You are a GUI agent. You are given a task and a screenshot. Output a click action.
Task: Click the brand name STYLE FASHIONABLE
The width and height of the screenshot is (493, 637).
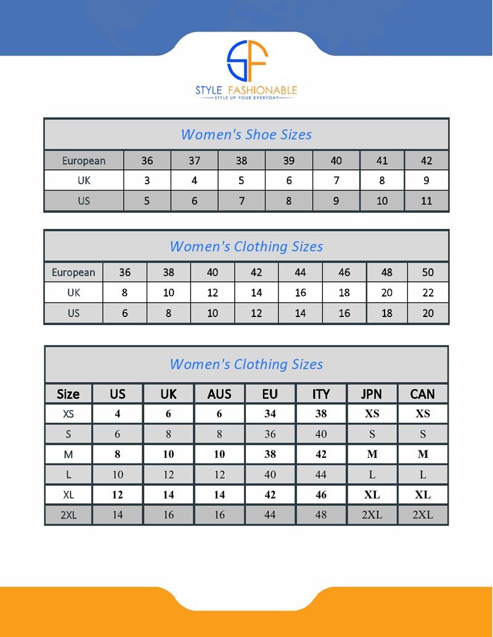coord(246,90)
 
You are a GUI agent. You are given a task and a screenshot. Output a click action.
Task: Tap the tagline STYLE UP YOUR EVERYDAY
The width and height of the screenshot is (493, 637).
coord(246,98)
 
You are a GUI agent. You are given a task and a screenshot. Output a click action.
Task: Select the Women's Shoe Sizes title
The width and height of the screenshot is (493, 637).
coord(246,134)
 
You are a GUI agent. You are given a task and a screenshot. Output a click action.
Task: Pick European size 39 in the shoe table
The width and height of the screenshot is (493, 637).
coord(288,161)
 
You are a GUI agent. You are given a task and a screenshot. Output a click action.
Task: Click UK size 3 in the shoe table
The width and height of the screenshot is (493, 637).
coord(147,181)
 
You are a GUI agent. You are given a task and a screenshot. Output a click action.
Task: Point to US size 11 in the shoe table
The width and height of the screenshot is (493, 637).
coord(426,201)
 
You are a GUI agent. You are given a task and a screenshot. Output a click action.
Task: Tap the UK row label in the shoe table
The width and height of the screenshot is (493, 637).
coord(84,181)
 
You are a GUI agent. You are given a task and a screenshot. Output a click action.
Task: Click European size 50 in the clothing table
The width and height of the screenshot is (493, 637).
coord(428,272)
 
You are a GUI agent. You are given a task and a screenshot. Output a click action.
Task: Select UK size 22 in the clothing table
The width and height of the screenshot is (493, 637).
coord(428,292)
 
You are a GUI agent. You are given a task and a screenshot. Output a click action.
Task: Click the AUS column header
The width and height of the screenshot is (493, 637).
coord(219,394)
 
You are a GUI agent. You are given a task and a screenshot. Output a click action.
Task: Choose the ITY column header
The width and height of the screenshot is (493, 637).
coord(321,394)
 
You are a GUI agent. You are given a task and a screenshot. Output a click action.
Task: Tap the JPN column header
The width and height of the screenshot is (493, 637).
coord(372,394)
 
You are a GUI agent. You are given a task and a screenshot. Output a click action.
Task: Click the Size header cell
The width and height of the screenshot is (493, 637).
coord(68,394)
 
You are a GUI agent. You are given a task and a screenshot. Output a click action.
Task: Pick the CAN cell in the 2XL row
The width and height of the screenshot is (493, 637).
coord(423,515)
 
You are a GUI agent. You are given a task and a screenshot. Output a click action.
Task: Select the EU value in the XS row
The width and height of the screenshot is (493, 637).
coord(270,414)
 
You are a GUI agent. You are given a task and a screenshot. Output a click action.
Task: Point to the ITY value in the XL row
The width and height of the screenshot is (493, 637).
coord(321,495)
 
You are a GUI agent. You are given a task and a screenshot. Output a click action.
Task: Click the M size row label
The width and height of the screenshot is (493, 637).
coord(68,454)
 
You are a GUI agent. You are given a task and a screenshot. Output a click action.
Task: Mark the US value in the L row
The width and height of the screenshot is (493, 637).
coord(118,475)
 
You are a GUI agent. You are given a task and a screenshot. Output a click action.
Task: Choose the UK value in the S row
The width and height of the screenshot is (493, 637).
coord(168,434)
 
